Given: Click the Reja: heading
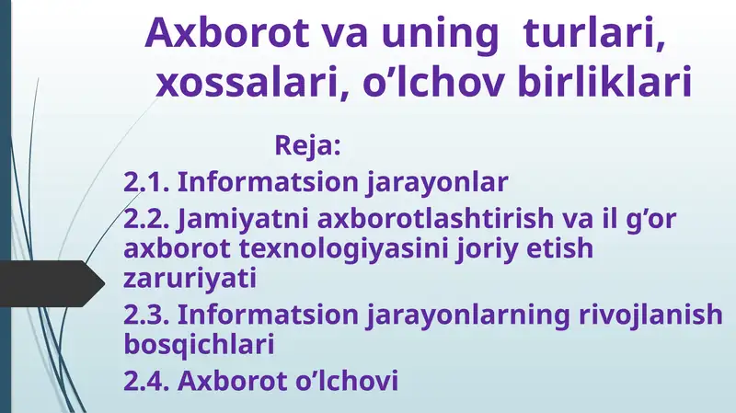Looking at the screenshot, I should pyautogui.click(x=308, y=145).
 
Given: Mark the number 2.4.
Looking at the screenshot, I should pyautogui.click(x=146, y=379).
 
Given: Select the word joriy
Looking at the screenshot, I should pyautogui.click(x=501, y=248).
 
